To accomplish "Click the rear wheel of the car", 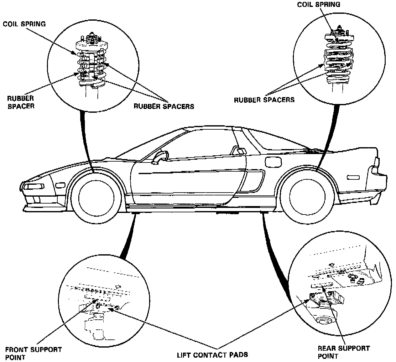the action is pos(307,197).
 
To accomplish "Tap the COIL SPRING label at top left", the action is pos(24,24).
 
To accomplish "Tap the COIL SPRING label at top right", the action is pos(319,4).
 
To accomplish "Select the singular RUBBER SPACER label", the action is pos(21,102).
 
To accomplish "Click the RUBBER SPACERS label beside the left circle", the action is pos(164,106).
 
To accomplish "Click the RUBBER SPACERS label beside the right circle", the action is pos(264,100).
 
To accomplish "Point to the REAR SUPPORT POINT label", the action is pos(344,352).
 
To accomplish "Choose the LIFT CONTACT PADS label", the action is pos(212,355).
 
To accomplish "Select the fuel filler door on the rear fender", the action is pos(273,162).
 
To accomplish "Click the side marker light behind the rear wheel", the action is pos(353,177).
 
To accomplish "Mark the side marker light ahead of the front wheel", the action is pos(60,185).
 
